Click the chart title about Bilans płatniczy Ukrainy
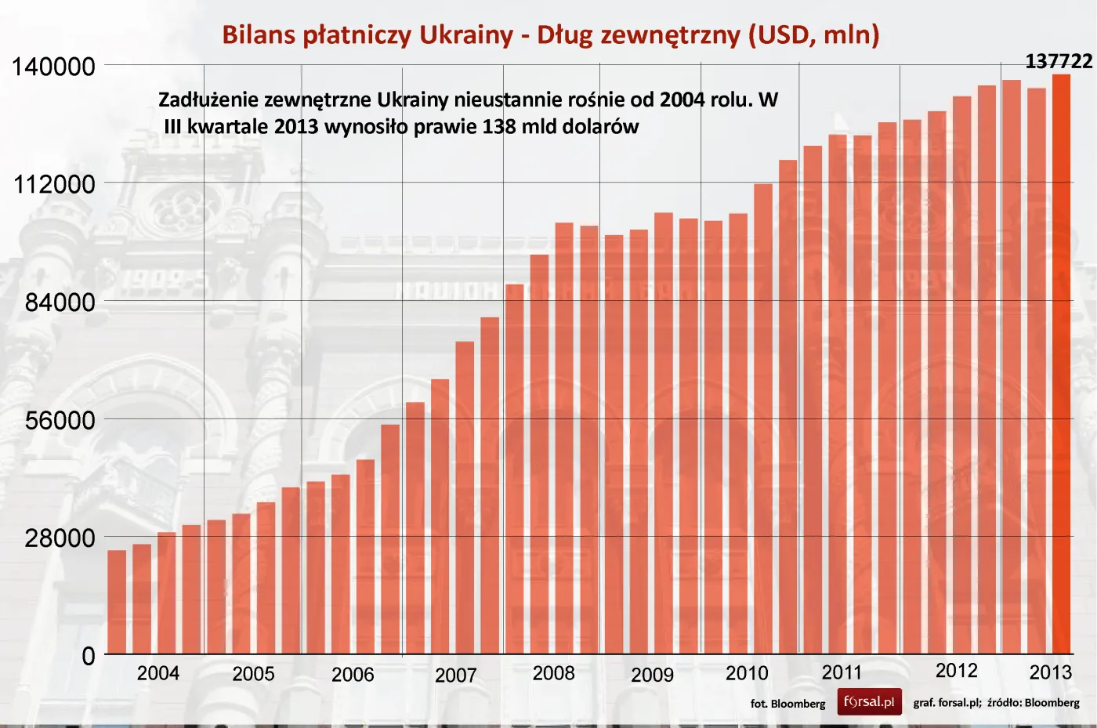click(x=550, y=34)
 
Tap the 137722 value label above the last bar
click(x=1059, y=61)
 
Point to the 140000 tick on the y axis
click(x=53, y=67)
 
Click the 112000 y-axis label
click(x=54, y=185)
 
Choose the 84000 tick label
click(x=60, y=302)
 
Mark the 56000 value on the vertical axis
click(x=60, y=421)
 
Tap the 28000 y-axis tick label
click(x=60, y=538)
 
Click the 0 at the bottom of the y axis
click(x=89, y=657)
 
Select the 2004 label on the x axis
click(x=157, y=674)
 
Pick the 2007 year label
click(x=455, y=675)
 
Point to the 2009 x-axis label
click(x=652, y=675)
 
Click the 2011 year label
click(x=842, y=673)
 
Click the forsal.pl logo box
click(x=869, y=702)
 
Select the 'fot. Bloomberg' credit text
click(x=787, y=704)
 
